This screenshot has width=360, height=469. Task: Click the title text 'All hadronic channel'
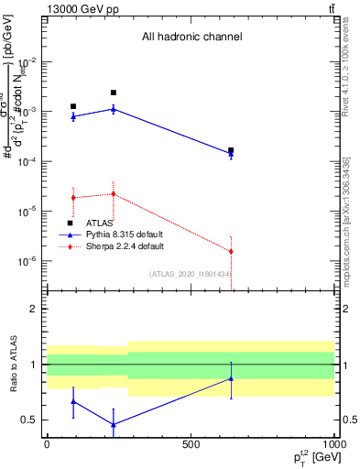point(191,38)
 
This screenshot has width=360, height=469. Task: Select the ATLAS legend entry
point(99,223)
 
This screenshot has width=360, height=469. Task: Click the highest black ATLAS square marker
point(113,93)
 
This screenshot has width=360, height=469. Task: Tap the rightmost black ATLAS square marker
point(231,150)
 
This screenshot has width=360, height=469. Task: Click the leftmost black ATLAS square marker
point(73,106)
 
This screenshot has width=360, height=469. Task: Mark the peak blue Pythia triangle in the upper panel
point(113,108)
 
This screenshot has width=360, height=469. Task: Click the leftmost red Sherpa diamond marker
point(73,198)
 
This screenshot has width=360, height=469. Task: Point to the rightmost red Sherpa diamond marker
point(231,251)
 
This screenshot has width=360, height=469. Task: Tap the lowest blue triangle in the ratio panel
point(113,424)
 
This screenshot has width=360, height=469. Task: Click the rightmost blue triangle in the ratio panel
point(231,378)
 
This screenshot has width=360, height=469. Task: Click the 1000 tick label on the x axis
point(332,444)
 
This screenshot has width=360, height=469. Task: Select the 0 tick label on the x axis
point(47,444)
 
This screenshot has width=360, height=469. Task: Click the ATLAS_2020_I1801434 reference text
point(191,274)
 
